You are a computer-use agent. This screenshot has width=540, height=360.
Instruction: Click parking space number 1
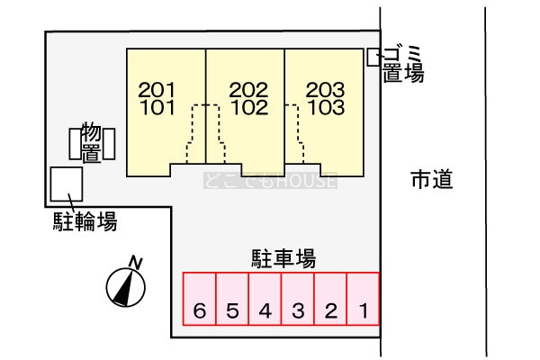click(364, 299)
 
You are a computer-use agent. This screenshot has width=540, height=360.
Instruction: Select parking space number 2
click(330, 299)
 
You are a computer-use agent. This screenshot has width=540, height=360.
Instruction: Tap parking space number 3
click(298, 299)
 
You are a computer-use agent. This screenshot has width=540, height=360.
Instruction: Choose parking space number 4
click(265, 299)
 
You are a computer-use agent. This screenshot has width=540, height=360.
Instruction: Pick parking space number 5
click(232, 299)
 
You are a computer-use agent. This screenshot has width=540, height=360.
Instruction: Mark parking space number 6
click(200, 299)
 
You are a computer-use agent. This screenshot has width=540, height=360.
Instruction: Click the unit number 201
click(157, 90)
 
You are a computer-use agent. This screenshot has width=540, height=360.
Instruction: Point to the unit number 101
click(157, 107)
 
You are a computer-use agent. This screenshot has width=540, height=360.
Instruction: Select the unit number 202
click(248, 90)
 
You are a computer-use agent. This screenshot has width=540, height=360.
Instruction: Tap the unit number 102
click(249, 107)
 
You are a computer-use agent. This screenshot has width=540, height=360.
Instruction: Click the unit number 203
click(325, 90)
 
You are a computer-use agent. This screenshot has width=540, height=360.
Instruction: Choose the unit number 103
click(326, 107)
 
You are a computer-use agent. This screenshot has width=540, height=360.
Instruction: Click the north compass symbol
click(126, 287)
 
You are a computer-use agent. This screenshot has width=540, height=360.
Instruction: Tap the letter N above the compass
click(136, 263)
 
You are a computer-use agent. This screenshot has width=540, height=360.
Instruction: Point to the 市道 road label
click(432, 179)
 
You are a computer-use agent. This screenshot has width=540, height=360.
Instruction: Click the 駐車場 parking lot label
click(283, 258)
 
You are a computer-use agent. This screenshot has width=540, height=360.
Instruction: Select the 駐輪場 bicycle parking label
click(85, 221)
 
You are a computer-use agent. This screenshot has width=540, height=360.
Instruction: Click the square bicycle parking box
click(67, 184)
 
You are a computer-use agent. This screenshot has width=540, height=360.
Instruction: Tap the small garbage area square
click(373, 58)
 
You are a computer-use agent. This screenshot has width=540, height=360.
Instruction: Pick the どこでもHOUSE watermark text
click(270, 181)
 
